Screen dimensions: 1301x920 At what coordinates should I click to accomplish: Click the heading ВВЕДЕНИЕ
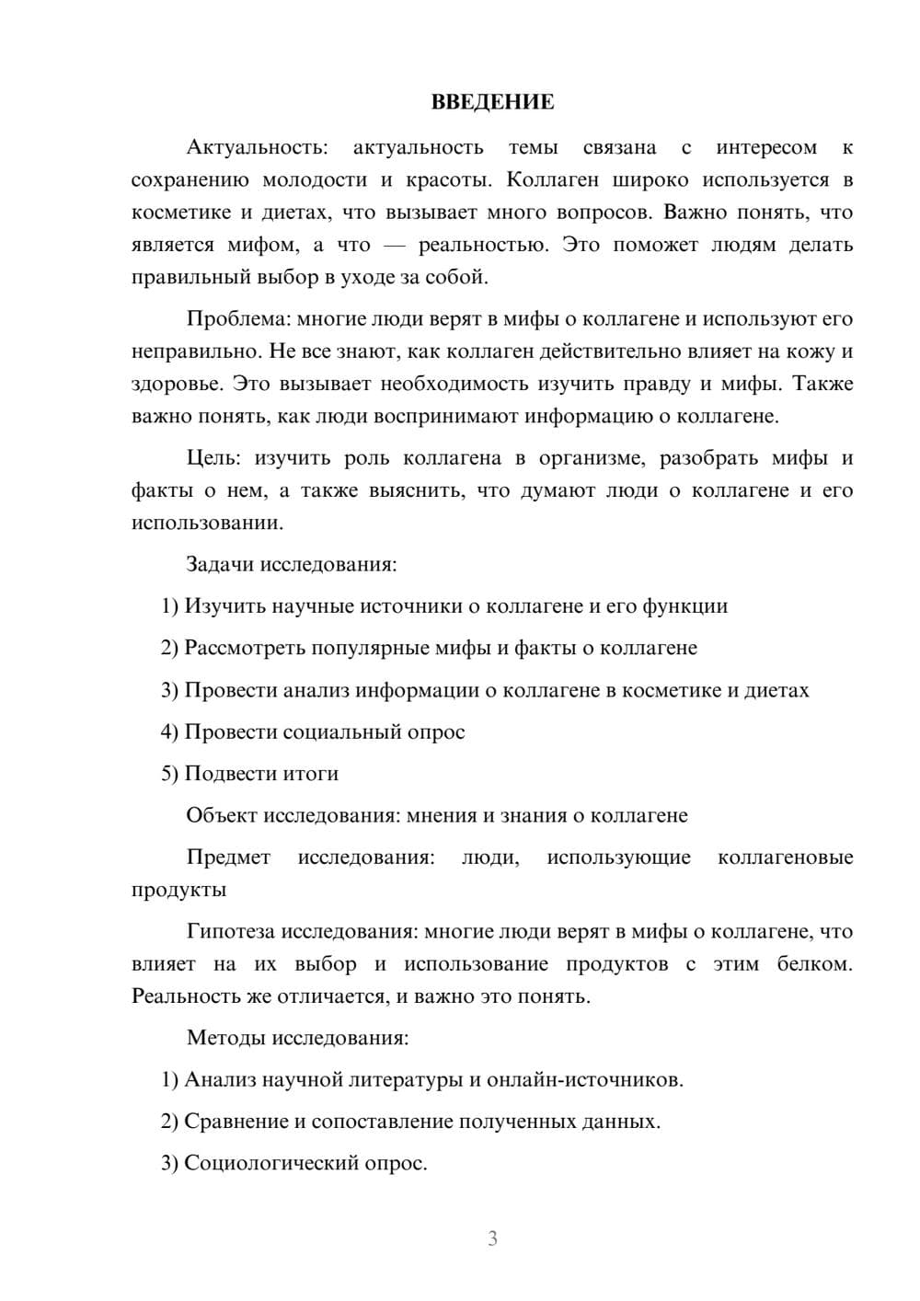coord(492,102)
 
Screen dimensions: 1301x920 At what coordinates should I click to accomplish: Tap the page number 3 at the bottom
coord(492,1238)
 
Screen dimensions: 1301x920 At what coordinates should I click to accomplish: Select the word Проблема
coord(236,319)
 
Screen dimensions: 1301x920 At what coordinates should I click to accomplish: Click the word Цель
coord(213,458)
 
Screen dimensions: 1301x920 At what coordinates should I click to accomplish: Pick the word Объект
coord(222,816)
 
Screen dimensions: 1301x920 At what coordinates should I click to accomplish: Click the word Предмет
coord(228,858)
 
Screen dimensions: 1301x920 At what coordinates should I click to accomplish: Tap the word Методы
coord(225,1038)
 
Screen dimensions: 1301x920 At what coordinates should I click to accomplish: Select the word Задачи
coord(220,564)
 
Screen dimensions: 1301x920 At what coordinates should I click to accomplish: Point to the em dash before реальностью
coord(395,245)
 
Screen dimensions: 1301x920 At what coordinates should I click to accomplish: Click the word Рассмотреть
coord(244,648)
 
